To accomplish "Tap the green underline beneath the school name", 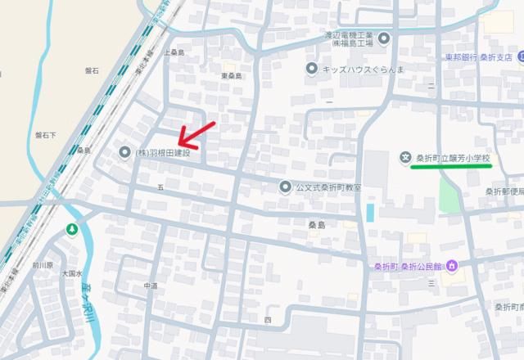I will pos(451,166).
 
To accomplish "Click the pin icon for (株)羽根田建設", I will pos(124,152).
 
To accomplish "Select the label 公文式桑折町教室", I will pos(328,187).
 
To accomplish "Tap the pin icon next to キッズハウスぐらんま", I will pos(311,69).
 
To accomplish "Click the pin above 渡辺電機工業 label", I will pos(384,37).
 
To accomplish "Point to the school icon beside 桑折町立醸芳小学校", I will pos(404,157).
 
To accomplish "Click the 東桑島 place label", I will pos(232,76).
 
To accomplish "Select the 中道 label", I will pos(151,286).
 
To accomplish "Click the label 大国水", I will pos(73,274).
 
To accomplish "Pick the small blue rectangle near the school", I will pos(370,213).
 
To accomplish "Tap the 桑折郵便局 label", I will pos(503,191).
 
